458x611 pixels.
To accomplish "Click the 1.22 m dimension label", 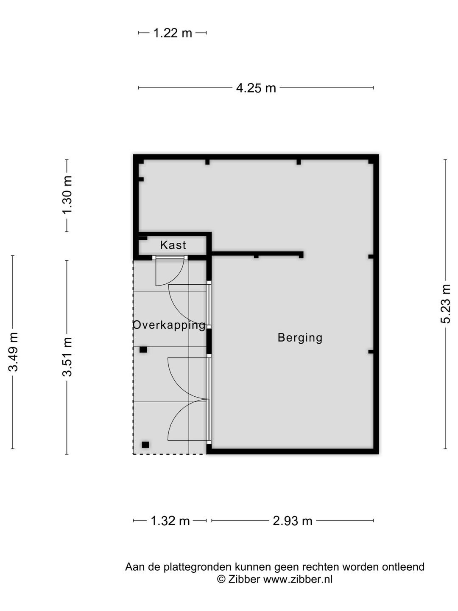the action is (173, 33).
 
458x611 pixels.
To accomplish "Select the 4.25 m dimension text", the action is (256, 88).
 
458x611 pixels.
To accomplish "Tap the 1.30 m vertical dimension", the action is (67, 195).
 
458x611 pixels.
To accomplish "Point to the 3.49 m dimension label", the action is (13, 352).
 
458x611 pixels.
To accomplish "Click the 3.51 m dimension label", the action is (67, 357).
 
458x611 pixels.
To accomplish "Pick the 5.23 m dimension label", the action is (445, 304).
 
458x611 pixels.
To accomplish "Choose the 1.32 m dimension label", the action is (170, 521).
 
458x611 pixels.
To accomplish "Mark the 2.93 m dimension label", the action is (292, 521).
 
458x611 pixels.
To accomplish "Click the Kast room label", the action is (173, 245).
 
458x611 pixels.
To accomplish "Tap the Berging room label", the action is (300, 338).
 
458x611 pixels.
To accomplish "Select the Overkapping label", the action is (169, 325).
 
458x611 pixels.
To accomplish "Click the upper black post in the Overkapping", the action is (143, 350).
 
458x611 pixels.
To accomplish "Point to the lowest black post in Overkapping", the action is (145, 445).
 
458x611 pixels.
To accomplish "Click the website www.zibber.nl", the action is (298, 579).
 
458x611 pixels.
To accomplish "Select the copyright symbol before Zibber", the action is (221, 579).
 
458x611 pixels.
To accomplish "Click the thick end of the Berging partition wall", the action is (301, 255).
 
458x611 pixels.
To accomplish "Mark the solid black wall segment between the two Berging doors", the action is (209, 341).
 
